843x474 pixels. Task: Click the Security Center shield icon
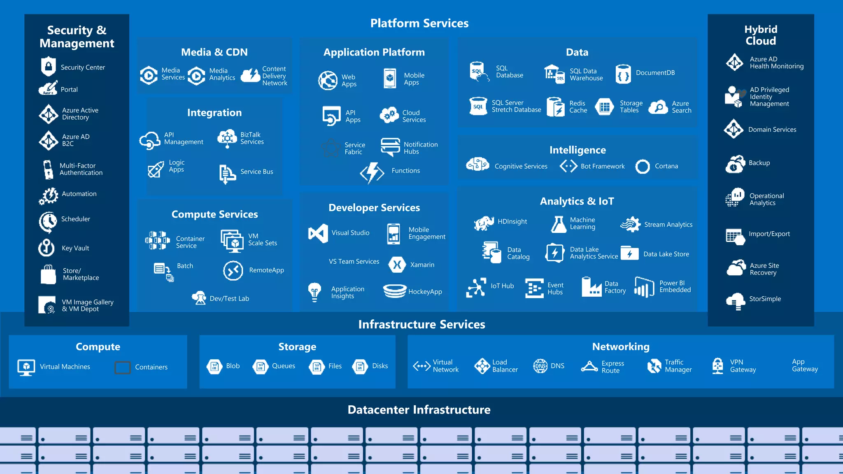click(x=48, y=66)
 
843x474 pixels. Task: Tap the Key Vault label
click(x=75, y=248)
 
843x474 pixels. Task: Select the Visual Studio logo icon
click(x=318, y=233)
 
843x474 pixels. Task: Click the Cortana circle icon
click(x=642, y=167)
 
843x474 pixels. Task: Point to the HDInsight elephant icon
click(x=484, y=223)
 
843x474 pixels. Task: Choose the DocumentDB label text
click(x=655, y=73)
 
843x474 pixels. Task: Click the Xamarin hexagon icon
click(x=397, y=265)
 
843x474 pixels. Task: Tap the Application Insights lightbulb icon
click(x=314, y=292)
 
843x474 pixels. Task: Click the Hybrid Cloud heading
click(x=760, y=35)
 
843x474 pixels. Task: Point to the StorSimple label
click(x=765, y=299)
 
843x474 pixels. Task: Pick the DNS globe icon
click(x=540, y=366)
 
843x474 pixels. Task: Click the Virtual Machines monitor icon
click(x=26, y=367)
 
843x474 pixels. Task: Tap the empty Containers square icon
click(x=122, y=367)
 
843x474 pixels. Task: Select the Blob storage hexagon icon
click(x=214, y=366)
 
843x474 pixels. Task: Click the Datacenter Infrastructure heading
click(x=419, y=410)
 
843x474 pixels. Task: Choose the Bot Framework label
click(x=602, y=166)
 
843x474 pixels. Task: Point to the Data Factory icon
click(x=591, y=286)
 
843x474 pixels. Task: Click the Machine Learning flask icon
click(x=559, y=225)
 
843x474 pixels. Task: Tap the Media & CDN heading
click(x=214, y=52)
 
